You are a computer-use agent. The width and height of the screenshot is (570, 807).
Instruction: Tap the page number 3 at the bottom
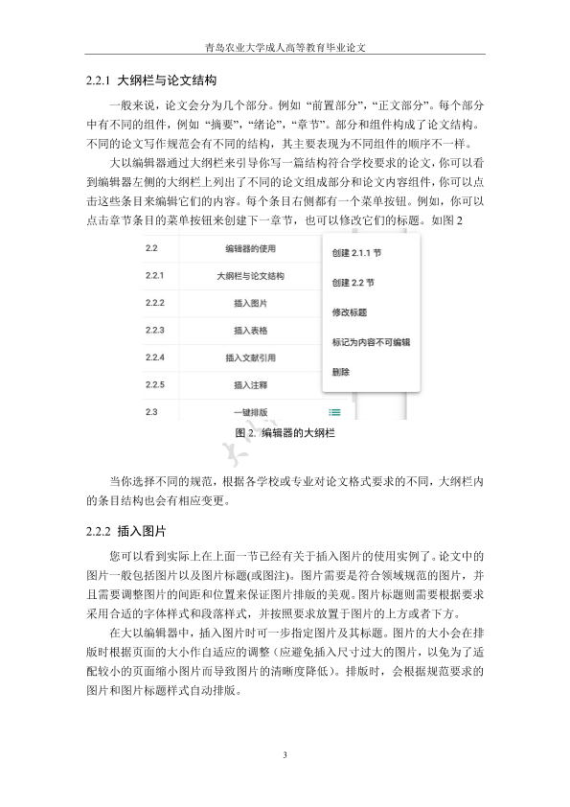[285, 755]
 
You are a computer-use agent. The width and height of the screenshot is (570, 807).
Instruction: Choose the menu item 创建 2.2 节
[353, 284]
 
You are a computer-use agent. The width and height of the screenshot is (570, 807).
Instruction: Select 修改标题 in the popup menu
[350, 312]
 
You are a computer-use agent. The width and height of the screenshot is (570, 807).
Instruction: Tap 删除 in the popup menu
[340, 371]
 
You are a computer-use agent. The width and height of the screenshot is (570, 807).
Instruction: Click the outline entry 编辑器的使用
[251, 249]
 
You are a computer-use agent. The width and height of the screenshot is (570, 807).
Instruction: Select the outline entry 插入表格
[251, 331]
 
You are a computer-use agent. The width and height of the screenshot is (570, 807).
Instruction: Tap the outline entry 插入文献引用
[251, 358]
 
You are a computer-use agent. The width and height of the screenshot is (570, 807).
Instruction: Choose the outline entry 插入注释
[251, 385]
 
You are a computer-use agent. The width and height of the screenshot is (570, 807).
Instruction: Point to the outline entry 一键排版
[251, 412]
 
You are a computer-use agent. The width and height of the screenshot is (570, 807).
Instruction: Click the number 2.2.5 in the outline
[154, 385]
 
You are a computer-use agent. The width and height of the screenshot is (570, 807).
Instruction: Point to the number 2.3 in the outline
[150, 412]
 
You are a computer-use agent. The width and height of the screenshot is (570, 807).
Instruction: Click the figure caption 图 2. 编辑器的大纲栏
[285, 434]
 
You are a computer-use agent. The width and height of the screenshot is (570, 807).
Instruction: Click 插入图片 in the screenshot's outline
[251, 304]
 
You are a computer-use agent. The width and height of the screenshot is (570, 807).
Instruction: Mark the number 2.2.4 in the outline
[154, 358]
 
